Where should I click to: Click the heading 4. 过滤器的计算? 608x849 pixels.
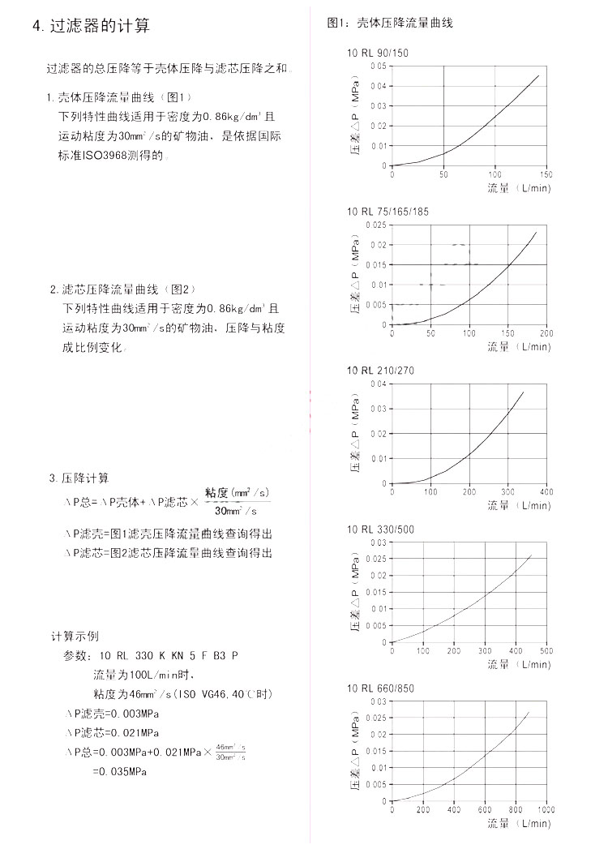pos(91,26)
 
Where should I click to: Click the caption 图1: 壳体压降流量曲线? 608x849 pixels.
pos(389,23)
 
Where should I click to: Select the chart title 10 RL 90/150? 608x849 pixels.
pos(378,53)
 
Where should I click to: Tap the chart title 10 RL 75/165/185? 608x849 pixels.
pos(387,212)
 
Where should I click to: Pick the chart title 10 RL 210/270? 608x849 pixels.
pos(380,371)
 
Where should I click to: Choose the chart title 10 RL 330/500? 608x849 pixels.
pos(380,530)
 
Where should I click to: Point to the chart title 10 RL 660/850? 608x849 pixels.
pos(380,688)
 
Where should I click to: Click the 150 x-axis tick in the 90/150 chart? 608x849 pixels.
pos(546,174)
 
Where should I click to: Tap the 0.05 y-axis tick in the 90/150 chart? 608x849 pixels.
pos(379,66)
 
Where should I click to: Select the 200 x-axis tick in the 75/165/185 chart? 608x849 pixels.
pos(546,333)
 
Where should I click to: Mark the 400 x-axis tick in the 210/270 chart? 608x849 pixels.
pos(546,492)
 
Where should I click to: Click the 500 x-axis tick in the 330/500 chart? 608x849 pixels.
pos(546,651)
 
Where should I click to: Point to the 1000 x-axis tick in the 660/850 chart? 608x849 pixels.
pos(545,810)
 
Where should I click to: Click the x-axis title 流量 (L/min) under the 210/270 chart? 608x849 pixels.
pos(518,505)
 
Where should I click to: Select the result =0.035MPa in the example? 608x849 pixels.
pos(119,771)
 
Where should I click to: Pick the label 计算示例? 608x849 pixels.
pos(75,636)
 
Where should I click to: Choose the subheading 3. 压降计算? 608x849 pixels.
pos(79,478)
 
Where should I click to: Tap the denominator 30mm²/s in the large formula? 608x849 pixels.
pos(236,510)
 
